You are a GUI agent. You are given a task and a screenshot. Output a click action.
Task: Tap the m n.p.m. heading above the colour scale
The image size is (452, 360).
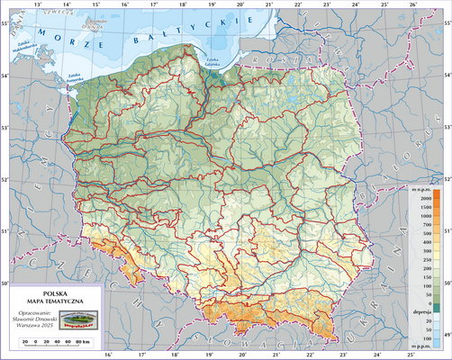(x=422, y=189)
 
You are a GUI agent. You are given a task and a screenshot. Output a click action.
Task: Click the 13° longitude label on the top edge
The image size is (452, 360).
(x=37, y=4)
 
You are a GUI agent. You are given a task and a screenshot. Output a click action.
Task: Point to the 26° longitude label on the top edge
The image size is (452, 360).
(x=411, y=4)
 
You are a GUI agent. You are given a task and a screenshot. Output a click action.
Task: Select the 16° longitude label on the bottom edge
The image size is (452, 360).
(x=108, y=355)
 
